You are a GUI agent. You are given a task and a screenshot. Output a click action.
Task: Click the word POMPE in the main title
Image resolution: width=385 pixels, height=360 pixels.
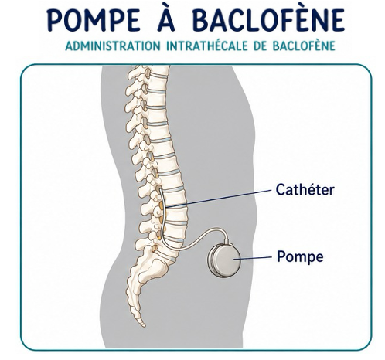click(94, 21)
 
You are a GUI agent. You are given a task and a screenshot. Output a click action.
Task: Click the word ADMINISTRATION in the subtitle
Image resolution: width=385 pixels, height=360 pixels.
click(113, 46)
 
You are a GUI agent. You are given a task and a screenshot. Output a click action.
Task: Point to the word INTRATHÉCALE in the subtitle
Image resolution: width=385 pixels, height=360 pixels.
click(207, 46)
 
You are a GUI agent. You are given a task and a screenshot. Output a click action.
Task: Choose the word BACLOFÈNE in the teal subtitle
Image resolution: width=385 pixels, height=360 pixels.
click(304, 46)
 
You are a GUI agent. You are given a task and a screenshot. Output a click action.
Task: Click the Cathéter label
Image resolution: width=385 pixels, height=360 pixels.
click(305, 190)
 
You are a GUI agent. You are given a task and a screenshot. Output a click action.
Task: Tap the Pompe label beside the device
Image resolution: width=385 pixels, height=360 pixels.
click(300, 256)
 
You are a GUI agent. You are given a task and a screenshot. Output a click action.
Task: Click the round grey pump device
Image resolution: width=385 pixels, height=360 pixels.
click(224, 259)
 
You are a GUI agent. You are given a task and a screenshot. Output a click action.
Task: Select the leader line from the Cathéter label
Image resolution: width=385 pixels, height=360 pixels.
click(219, 199)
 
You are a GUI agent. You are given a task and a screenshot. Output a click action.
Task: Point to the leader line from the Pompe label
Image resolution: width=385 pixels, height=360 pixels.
click(253, 258)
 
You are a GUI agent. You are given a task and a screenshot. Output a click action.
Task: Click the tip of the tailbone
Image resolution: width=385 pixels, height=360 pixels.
click(143, 325)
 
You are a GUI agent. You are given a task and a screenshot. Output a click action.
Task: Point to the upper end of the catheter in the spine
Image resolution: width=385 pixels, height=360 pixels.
click(158, 189)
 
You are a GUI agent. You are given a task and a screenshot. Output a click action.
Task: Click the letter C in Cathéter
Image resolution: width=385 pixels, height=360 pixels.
click(280, 190)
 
